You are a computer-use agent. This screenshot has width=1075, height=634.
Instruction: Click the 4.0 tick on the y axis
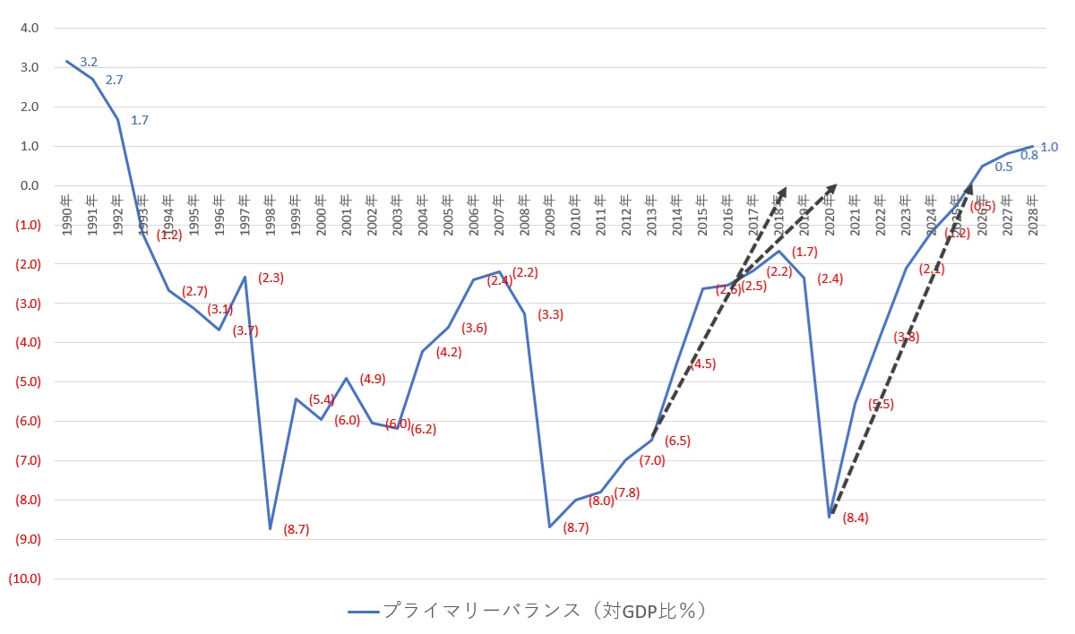(x=30, y=28)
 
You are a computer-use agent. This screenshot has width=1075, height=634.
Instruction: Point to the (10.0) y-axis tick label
(x=24, y=578)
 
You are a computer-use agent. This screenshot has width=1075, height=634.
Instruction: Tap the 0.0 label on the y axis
(x=30, y=185)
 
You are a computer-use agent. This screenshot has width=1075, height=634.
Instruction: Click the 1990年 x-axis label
(x=67, y=214)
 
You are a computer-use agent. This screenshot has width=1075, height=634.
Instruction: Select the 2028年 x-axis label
(x=1033, y=214)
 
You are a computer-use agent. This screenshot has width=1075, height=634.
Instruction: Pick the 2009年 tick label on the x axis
(x=550, y=214)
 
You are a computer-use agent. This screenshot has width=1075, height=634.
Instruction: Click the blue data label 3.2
(x=89, y=62)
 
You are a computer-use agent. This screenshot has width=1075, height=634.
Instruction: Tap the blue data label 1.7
(x=140, y=119)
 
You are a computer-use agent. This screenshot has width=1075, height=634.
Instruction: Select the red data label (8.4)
(x=856, y=518)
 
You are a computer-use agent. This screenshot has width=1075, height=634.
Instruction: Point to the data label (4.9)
(x=373, y=379)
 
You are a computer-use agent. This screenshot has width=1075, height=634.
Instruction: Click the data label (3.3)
(x=550, y=314)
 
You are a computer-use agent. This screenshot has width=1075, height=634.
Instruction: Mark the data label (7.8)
(x=627, y=493)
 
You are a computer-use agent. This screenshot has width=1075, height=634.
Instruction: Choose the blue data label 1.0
(x=1049, y=147)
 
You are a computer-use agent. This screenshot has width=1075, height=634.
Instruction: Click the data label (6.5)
(x=677, y=441)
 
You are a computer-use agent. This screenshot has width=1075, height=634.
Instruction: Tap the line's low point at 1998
(x=270, y=528)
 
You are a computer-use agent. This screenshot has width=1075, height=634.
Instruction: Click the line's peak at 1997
(x=245, y=277)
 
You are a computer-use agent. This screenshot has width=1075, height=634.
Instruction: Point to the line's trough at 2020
(x=830, y=517)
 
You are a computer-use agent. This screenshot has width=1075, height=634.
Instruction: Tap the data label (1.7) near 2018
(x=805, y=252)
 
